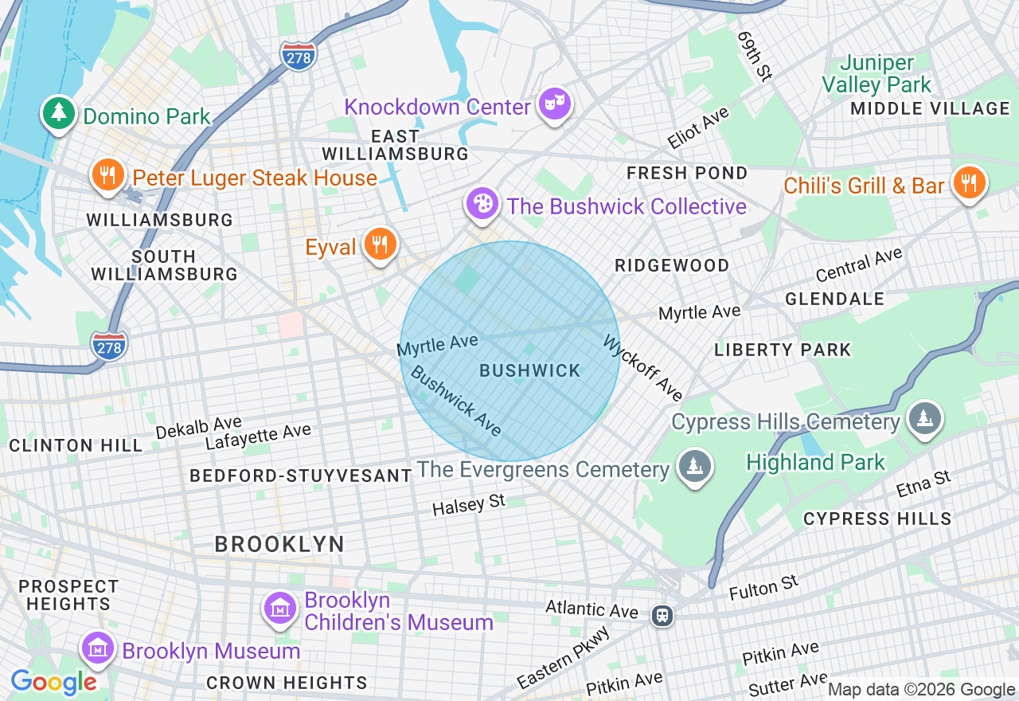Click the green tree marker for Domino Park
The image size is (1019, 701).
pos(58,114)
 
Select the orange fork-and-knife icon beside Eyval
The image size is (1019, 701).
pos(381,245)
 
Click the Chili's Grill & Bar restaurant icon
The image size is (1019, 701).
pos(969,184)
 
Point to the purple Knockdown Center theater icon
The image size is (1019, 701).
pos(554,104)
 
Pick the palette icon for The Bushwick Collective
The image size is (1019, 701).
pos(482,205)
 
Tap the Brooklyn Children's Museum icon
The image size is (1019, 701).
pos(279,609)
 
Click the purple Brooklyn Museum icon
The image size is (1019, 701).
pos(98,648)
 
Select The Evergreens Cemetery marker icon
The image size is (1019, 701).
pos(693,467)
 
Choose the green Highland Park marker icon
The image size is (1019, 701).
pos(924,418)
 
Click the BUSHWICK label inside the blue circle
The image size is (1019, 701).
pos(530,370)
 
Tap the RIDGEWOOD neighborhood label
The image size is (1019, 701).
pos(672,266)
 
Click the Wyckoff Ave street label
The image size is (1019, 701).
pos(643,367)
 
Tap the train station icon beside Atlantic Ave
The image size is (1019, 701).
pos(661,615)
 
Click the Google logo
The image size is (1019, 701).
pos(53,682)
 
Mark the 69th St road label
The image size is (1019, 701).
pos(755,57)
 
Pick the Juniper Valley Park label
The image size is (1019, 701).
pos(876,73)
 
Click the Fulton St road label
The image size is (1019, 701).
pos(763,588)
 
